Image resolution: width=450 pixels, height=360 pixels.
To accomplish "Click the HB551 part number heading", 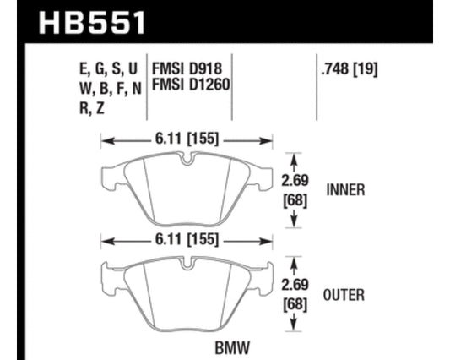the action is point(92,23).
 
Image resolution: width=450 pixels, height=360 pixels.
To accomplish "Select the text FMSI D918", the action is point(187,69).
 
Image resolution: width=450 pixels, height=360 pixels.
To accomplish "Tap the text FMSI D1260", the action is point(191,85).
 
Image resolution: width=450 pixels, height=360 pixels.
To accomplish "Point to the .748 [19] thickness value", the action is point(350,69).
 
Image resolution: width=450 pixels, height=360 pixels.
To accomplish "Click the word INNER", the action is point(345,190).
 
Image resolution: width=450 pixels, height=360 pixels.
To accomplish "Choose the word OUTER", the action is point(344,295).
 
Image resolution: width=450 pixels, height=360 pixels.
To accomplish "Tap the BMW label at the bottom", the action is point(232,348).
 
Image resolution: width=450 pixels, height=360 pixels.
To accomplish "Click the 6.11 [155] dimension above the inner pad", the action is point(187,139).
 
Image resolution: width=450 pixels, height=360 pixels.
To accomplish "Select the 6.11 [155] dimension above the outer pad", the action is point(187,239).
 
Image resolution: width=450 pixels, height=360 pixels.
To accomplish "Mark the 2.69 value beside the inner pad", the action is point(295,181).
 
